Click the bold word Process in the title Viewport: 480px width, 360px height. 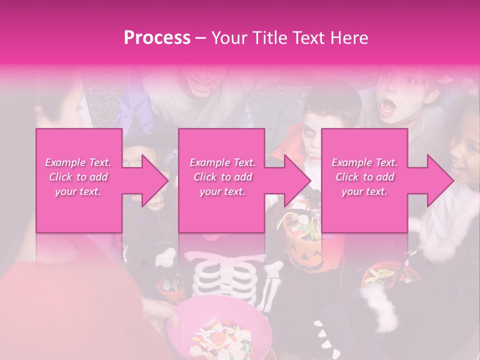tap(157, 38)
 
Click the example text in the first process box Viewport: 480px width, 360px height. tap(78, 177)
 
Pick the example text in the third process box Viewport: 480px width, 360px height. tap(364, 177)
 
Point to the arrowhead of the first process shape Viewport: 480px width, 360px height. tap(155, 180)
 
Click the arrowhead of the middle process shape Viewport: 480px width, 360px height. tap(298, 180)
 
